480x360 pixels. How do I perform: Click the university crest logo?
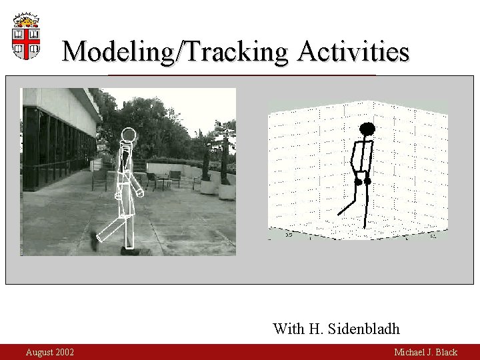coord(26,36)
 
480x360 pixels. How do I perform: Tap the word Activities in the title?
coord(353,51)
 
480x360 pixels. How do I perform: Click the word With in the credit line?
coord(288,329)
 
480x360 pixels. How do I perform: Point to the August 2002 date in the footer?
coord(50,352)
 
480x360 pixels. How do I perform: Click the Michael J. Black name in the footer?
coord(425,352)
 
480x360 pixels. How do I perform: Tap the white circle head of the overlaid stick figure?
coord(128,135)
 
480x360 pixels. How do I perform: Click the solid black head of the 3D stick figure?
coord(367,129)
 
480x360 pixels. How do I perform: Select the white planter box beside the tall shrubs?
coord(227,191)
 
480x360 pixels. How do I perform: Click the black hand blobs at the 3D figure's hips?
coord(363,181)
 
